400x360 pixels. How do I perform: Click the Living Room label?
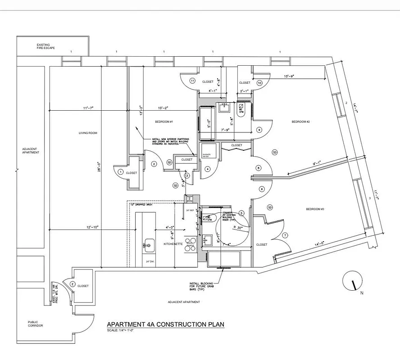(x=88, y=133)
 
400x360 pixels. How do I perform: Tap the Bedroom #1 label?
(x=164, y=122)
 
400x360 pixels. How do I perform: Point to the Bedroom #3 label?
(x=315, y=209)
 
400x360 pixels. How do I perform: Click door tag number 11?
(x=192, y=81)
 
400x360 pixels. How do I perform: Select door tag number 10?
(x=259, y=83)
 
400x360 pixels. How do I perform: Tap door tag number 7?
(x=285, y=235)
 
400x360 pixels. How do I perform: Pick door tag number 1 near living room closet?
(x=120, y=172)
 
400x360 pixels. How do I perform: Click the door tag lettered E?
(x=72, y=283)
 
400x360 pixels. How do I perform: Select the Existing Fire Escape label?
(x=46, y=46)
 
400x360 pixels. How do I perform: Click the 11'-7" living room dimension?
(x=88, y=108)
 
